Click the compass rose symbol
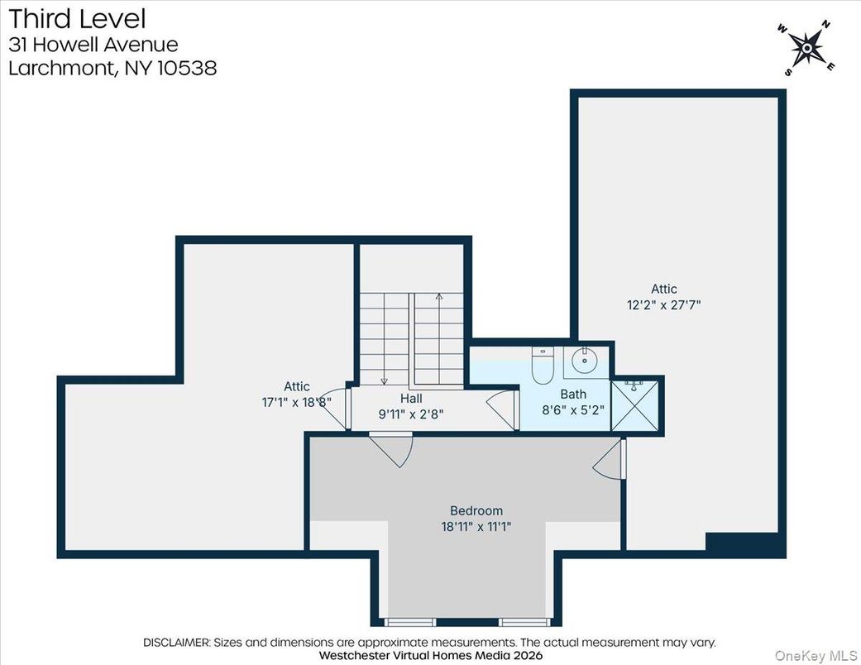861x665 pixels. [x=806, y=49]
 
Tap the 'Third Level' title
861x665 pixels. [x=77, y=17]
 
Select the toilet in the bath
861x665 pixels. [x=543, y=368]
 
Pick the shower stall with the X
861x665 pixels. [x=636, y=404]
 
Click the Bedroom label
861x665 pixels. [x=476, y=510]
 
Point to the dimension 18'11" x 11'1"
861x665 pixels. [x=476, y=525]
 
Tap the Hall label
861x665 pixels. [x=411, y=398]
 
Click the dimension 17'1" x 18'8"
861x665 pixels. [x=295, y=401]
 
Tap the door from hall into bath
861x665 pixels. [x=501, y=408]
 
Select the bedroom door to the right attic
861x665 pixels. [x=610, y=460]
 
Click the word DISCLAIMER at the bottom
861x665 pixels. [x=177, y=642]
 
